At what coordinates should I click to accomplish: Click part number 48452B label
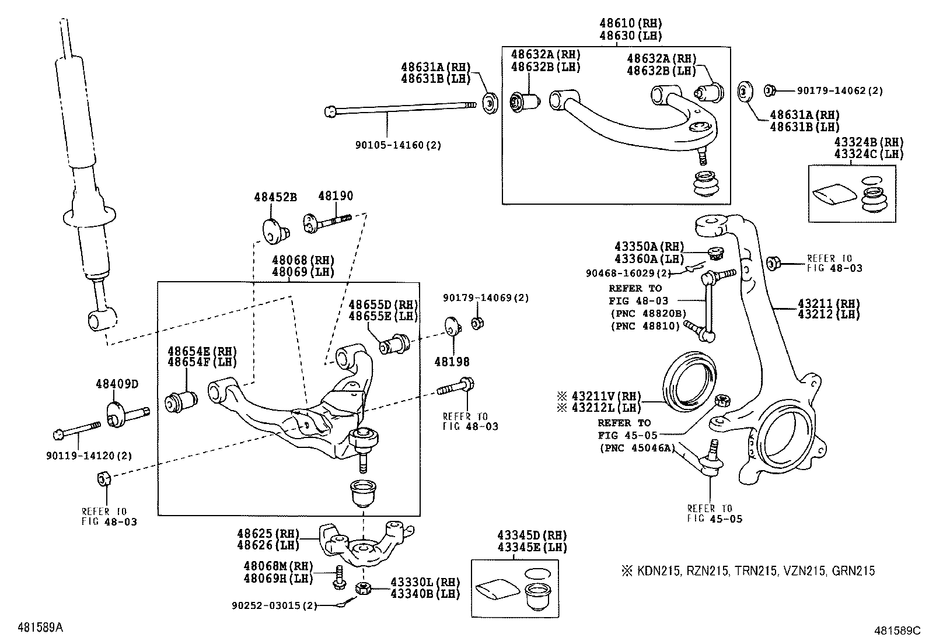[275, 197]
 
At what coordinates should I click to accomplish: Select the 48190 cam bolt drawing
[327, 221]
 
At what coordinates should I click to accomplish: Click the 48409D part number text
[117, 384]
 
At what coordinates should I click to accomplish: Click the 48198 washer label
[452, 362]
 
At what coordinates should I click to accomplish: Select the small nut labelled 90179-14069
[476, 323]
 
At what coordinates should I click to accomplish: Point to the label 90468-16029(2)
[628, 272]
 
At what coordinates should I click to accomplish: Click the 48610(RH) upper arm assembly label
[631, 24]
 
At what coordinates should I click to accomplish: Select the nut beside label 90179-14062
[769, 90]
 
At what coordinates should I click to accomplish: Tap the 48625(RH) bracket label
[268, 533]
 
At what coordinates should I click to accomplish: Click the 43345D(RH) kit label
[532, 535]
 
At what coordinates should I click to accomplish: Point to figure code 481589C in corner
[896, 630]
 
